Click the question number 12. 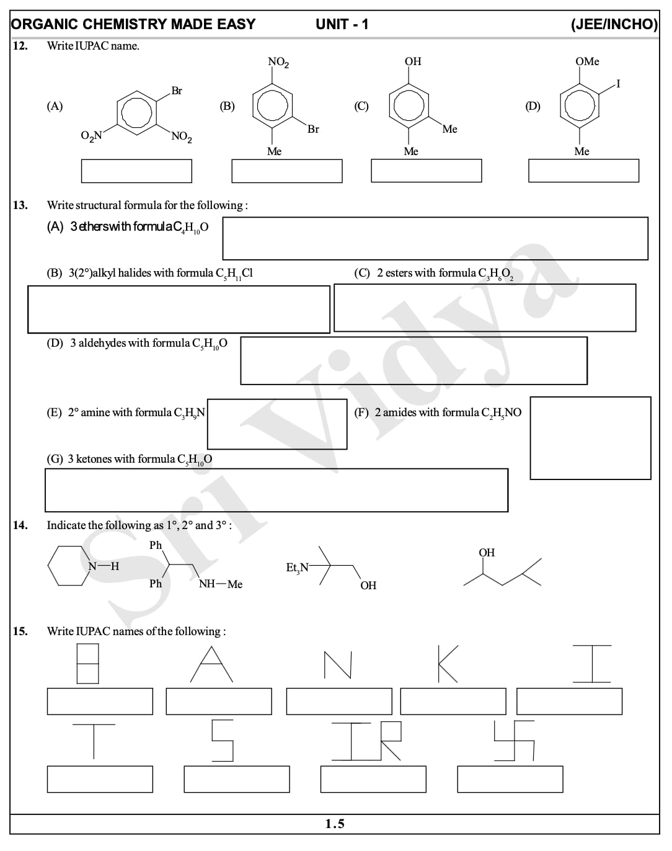(20, 46)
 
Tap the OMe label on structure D (586, 61)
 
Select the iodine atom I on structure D (617, 84)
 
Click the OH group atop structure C (413, 61)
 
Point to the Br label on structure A (177, 91)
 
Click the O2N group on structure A (91, 136)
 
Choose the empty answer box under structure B (286, 171)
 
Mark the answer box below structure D (583, 171)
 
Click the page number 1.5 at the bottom (335, 824)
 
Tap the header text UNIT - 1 (342, 24)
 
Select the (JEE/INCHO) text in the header (614, 24)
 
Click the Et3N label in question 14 (297, 568)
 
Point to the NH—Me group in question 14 (221, 584)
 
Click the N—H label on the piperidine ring (103, 566)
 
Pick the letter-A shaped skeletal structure (211, 664)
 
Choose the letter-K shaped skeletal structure (448, 664)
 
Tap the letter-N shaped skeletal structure (338, 665)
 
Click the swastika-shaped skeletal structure (514, 740)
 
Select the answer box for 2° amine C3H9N (277, 424)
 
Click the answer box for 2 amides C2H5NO (590, 438)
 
